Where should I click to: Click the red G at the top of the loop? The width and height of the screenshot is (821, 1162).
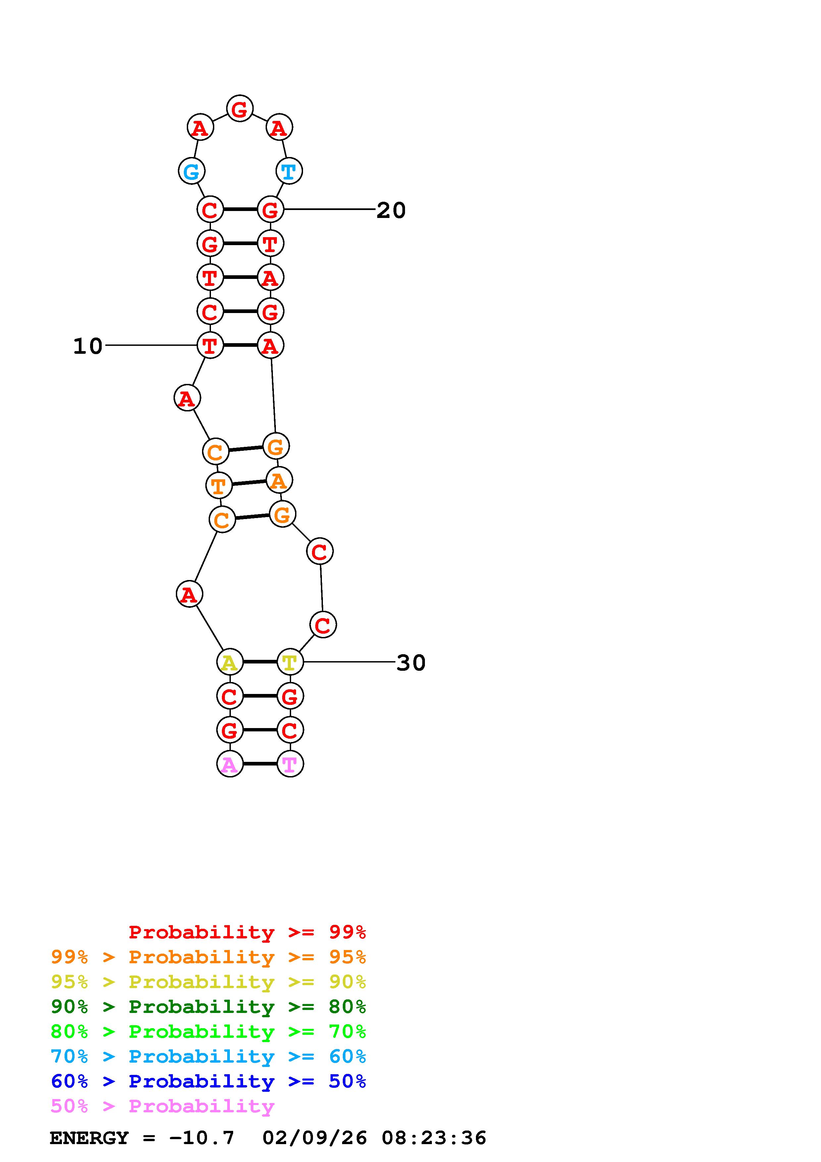click(x=240, y=108)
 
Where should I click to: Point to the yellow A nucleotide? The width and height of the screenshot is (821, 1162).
click(x=230, y=661)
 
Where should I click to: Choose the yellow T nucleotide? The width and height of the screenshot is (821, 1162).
click(x=290, y=661)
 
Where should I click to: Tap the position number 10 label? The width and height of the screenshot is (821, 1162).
click(x=88, y=346)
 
